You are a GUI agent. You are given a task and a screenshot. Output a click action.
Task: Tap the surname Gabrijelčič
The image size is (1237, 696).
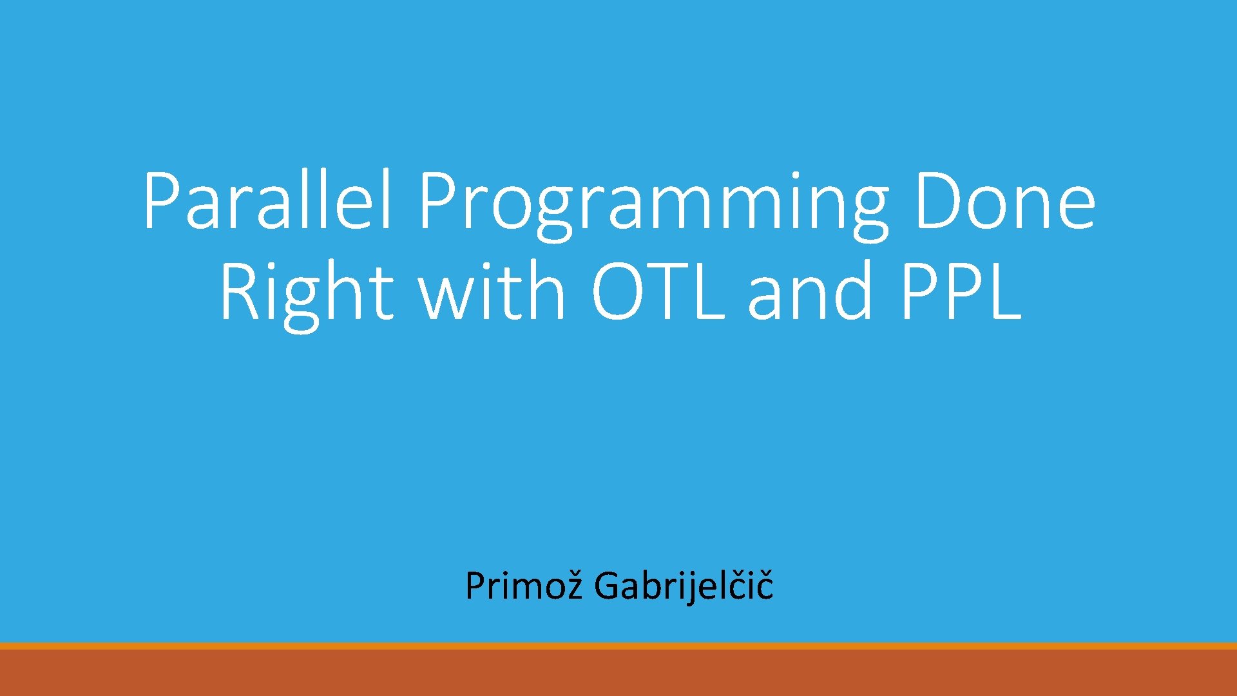coord(683,586)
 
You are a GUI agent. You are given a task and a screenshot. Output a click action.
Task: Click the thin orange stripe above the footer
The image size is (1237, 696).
coord(618,645)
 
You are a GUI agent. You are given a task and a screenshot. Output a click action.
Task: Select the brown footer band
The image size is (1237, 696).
coord(618,673)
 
